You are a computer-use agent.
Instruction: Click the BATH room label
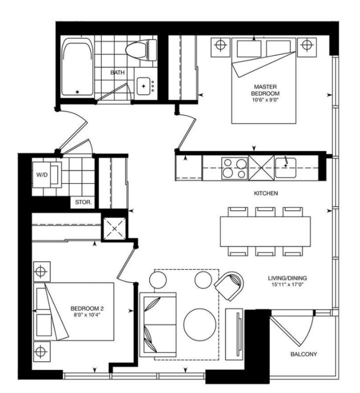(x=117, y=72)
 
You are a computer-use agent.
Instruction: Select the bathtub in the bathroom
(x=77, y=67)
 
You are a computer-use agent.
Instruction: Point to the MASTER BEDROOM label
(x=265, y=90)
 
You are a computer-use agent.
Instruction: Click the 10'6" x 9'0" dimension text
(x=265, y=100)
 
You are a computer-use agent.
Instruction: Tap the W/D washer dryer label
(x=42, y=175)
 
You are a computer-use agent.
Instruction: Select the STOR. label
(x=83, y=202)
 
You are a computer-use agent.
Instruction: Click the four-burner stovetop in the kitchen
(x=235, y=168)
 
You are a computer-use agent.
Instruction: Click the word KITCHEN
(x=266, y=193)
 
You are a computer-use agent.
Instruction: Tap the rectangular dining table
(x=265, y=232)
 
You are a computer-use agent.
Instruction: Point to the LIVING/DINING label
(x=287, y=278)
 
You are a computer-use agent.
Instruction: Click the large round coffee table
(x=200, y=324)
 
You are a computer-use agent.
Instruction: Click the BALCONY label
(x=304, y=354)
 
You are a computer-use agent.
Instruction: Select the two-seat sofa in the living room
(x=158, y=324)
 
